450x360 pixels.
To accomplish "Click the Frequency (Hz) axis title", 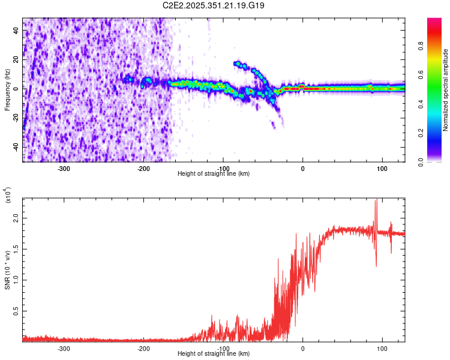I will tap(7, 90).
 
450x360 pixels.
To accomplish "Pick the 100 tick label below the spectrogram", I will tap(382, 168).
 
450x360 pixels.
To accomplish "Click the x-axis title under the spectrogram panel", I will tap(214, 174).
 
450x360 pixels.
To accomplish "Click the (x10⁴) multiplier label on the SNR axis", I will tap(8, 196).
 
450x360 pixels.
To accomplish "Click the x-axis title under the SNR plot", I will tap(214, 354).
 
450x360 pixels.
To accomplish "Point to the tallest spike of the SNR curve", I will tap(376, 200).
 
